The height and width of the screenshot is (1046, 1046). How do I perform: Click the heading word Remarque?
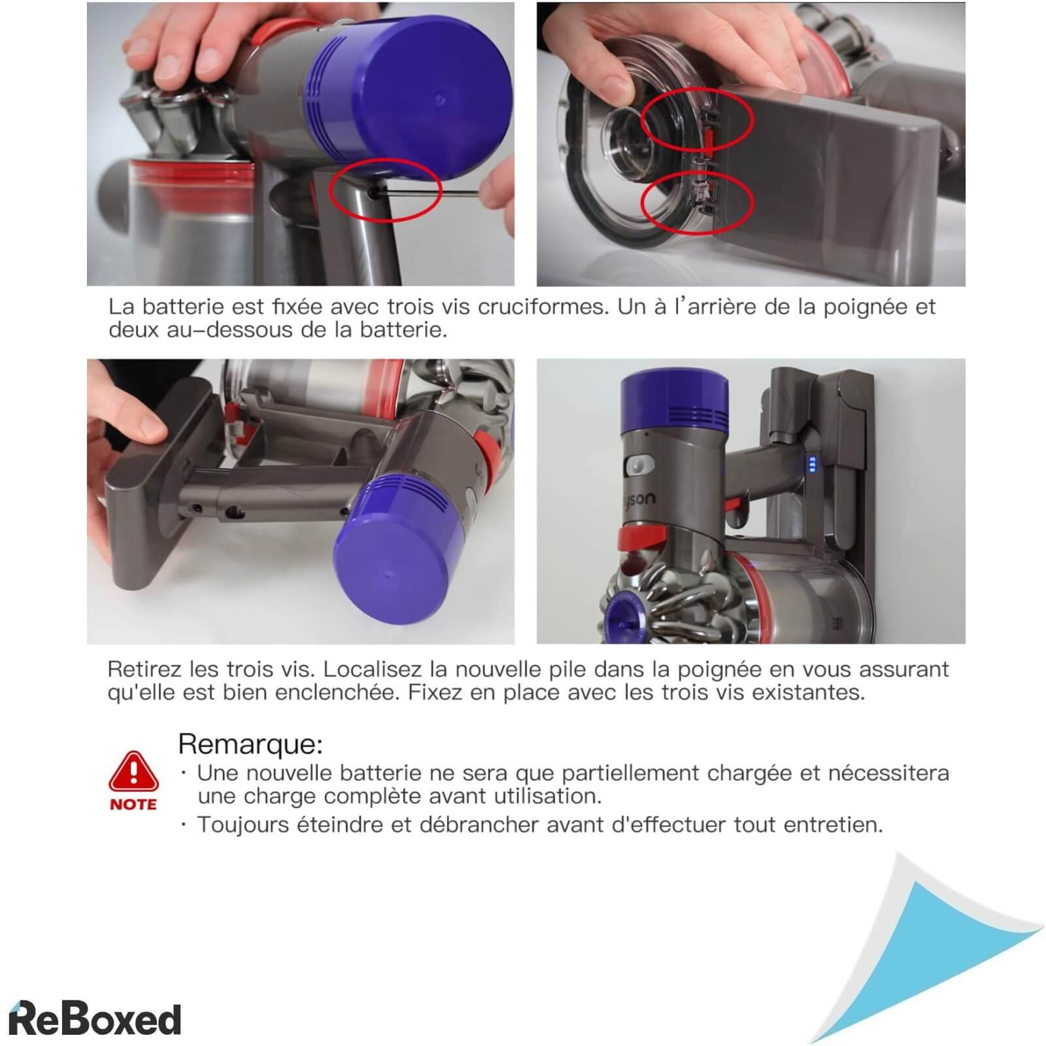pyautogui.click(x=250, y=744)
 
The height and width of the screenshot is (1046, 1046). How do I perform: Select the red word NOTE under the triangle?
pyautogui.click(x=133, y=804)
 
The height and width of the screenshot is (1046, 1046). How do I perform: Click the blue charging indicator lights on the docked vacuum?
pyautogui.click(x=813, y=464)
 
